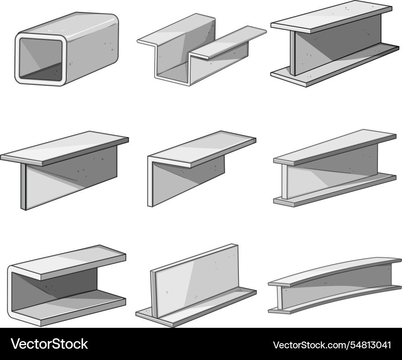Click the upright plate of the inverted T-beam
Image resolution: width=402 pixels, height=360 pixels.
click(197, 278)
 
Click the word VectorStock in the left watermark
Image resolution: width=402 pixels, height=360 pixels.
click(49, 344)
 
